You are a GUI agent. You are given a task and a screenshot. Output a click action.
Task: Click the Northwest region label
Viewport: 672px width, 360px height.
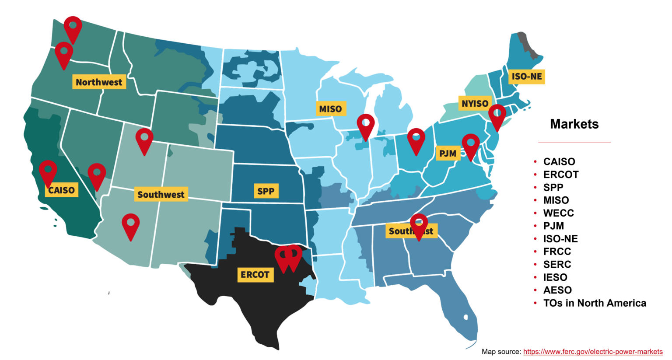[99, 82]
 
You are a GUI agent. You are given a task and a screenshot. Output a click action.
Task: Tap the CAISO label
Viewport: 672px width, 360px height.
[61, 190]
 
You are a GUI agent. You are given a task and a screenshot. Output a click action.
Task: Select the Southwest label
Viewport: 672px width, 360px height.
[161, 194]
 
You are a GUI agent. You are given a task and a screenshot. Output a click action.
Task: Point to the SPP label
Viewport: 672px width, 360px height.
[266, 191]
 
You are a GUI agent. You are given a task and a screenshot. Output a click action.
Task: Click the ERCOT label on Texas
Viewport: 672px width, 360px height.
[255, 275]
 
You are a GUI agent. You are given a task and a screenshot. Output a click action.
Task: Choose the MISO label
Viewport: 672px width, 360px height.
[330, 108]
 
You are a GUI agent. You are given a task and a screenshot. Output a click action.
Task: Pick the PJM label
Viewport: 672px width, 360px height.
[448, 154]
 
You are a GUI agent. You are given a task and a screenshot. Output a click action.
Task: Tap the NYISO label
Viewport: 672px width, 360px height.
[475, 104]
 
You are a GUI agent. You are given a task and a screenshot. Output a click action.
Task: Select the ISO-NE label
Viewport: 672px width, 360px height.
[527, 77]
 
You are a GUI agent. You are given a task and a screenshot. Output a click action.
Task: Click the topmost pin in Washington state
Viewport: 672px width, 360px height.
[73, 27]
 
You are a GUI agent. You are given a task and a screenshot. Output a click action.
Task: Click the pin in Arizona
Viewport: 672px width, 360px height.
[130, 224]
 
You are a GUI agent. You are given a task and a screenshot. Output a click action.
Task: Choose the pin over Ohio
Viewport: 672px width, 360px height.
[416, 139]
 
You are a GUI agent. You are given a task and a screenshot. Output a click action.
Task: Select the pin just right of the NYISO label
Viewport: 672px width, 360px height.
[497, 115]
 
